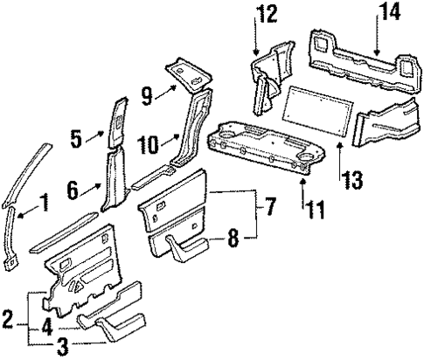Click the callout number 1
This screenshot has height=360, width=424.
[43, 207]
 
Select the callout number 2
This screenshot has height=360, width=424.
[8, 316]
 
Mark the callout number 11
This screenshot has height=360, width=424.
[305, 209]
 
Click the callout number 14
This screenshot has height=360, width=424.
[386, 13]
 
